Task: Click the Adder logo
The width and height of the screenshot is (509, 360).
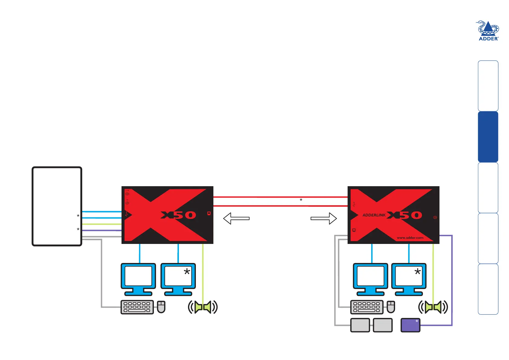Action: (x=488, y=31)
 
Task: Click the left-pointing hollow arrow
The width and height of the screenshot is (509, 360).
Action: (x=236, y=219)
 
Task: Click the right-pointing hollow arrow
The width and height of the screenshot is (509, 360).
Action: (x=324, y=219)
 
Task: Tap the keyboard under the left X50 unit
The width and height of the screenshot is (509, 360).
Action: (x=137, y=307)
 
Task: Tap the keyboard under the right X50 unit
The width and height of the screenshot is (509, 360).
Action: (x=367, y=307)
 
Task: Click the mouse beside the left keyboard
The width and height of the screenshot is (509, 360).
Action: (x=161, y=307)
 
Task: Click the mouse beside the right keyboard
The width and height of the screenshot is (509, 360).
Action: (x=391, y=307)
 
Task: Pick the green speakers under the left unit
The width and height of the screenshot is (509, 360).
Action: (x=203, y=307)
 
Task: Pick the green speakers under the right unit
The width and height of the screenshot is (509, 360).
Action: (x=433, y=307)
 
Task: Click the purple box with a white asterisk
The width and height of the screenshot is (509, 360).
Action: (x=410, y=325)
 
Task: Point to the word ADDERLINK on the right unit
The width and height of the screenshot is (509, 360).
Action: (x=374, y=215)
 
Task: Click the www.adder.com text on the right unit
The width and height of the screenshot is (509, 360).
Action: (x=410, y=238)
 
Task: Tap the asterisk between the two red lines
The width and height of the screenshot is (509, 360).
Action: (x=301, y=200)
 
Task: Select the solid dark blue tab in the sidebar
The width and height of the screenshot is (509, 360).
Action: (x=488, y=137)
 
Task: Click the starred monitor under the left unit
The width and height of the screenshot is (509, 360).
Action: (x=178, y=279)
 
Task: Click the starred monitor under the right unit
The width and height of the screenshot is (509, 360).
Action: (x=409, y=279)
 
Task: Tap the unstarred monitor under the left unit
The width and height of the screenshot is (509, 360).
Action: (x=138, y=279)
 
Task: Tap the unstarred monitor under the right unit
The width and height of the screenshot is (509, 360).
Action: (x=370, y=279)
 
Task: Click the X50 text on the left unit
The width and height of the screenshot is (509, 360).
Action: (x=178, y=215)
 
